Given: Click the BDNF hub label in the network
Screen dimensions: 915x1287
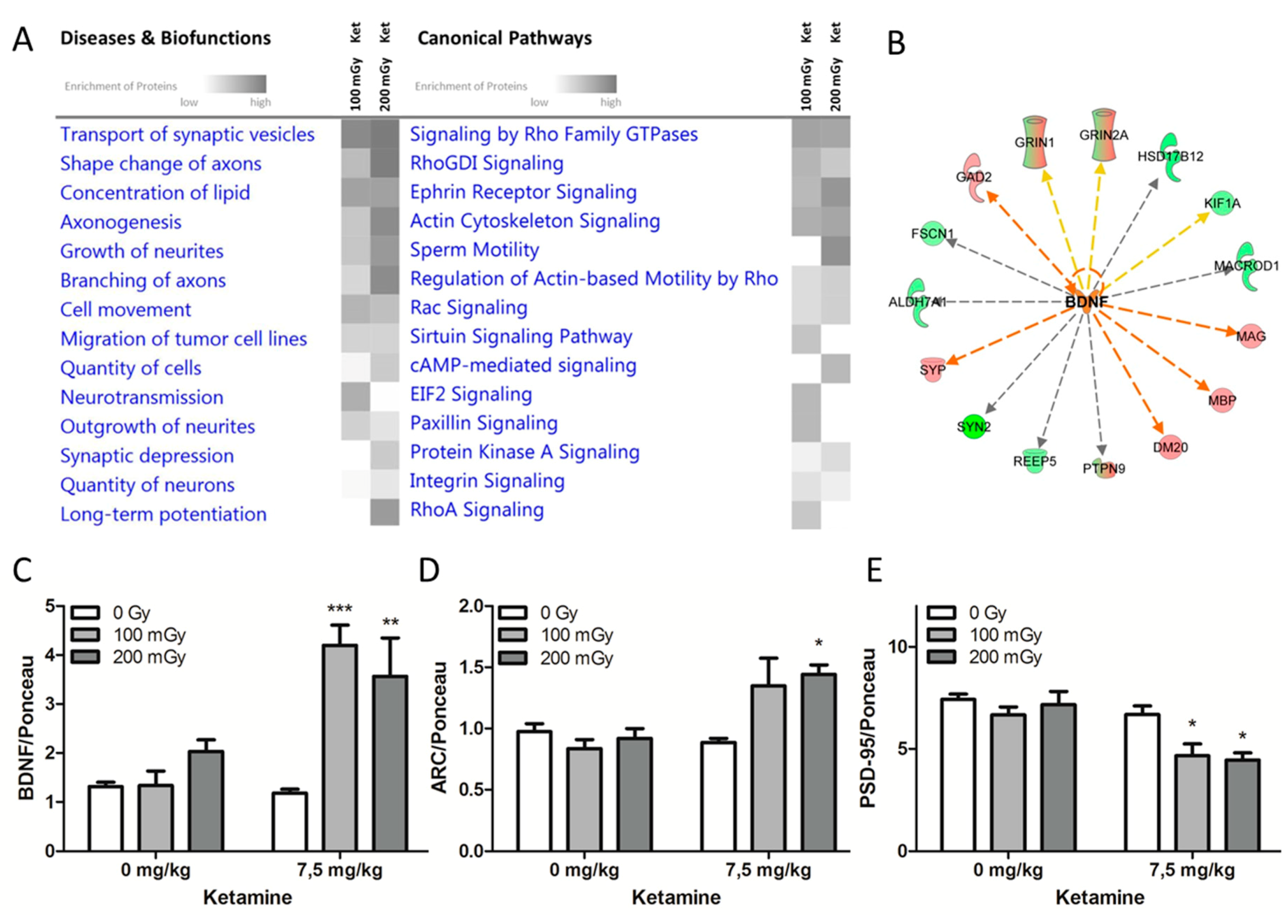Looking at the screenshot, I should [1086, 302].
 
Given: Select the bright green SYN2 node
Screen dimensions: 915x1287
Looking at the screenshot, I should [974, 427].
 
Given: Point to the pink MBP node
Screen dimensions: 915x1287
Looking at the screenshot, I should [1222, 401].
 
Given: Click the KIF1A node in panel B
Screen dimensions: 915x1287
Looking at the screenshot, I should [1222, 203].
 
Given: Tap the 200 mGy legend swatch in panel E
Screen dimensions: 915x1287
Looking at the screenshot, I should [942, 658].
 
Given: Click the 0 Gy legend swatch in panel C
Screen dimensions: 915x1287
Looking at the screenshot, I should [85, 613].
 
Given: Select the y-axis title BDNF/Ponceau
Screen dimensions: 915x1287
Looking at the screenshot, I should [27, 727].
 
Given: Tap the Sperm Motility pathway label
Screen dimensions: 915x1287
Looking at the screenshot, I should [474, 249].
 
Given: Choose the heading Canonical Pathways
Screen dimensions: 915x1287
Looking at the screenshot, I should [505, 38].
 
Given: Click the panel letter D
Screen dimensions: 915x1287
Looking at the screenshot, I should [429, 570].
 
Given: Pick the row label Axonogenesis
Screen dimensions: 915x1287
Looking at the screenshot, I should [121, 222].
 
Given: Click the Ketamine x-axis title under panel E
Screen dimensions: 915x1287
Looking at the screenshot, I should [1100, 897].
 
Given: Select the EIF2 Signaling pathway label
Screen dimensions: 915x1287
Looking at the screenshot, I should [471, 394].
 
